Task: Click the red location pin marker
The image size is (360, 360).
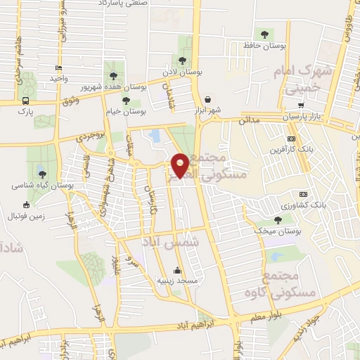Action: (x=180, y=165)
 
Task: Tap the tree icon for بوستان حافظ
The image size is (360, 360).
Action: (x=264, y=34)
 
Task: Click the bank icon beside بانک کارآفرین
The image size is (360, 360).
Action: (x=291, y=139)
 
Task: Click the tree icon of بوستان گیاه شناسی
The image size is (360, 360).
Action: (x=42, y=174)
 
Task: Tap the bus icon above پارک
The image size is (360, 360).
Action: (x=25, y=101)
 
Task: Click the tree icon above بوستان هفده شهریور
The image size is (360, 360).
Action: (x=112, y=75)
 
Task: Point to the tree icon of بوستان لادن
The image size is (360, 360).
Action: (x=184, y=61)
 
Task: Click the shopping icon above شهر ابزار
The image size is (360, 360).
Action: (x=208, y=100)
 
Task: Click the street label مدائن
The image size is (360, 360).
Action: (x=249, y=120)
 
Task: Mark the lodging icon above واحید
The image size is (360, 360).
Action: (x=58, y=68)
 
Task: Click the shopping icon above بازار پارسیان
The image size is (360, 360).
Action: (x=301, y=105)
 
